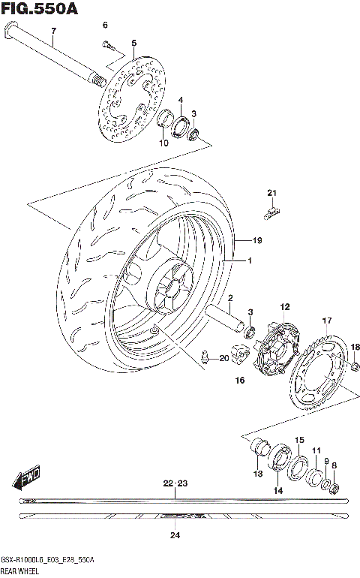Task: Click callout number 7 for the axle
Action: [x=53, y=31]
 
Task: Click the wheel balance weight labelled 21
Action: [x=271, y=211]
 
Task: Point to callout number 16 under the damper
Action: [x=240, y=381]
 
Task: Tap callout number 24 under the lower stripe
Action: [x=175, y=535]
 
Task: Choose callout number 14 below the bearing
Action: [x=277, y=490]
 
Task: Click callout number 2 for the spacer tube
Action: [x=230, y=298]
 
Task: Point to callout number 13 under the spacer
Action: [x=257, y=474]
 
